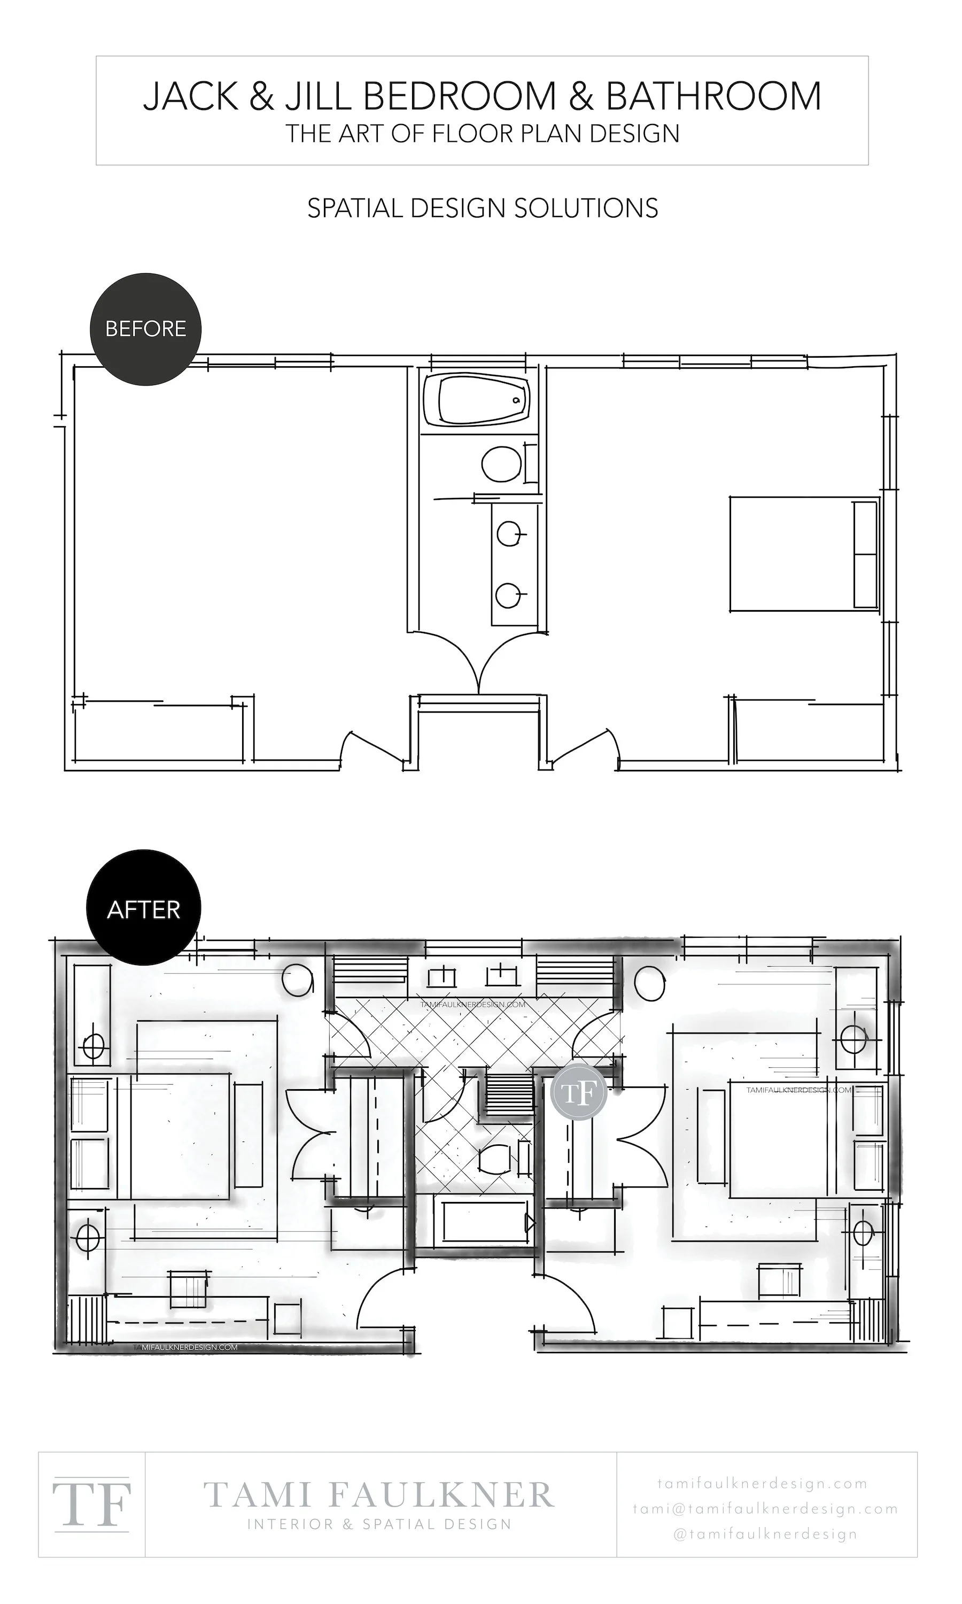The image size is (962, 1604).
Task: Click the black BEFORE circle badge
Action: pos(145,329)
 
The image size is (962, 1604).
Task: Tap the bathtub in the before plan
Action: pos(477,399)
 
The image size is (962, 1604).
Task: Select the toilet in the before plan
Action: pos(501,464)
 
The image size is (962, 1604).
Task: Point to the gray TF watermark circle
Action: pos(578,1092)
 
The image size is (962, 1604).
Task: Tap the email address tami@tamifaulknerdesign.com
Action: pos(765,1509)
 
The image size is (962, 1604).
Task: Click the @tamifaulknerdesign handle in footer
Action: pos(765,1534)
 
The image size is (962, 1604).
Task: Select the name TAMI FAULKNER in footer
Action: pos(379,1495)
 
